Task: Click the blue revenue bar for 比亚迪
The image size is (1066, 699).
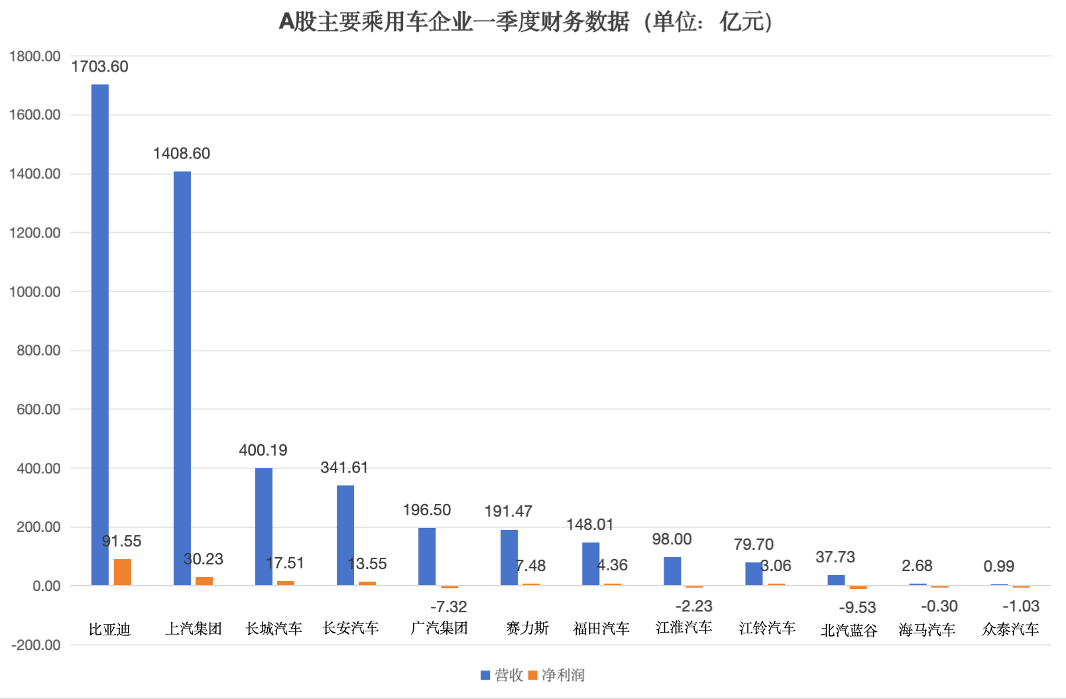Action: [x=100, y=335]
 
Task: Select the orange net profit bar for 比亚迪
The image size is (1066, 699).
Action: [x=123, y=572]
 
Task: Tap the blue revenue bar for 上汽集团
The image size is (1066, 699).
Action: [x=182, y=378]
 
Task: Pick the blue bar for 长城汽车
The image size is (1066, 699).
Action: [x=264, y=527]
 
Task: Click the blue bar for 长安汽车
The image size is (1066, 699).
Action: [x=345, y=535]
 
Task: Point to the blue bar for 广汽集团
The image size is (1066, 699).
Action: [x=427, y=556]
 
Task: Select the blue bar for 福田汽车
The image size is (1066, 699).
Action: [x=591, y=564]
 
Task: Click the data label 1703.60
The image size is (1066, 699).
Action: [x=99, y=66]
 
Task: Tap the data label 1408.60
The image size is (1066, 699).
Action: [x=182, y=153]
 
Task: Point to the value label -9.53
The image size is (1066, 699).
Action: [x=857, y=607]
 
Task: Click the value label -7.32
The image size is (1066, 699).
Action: [x=449, y=607]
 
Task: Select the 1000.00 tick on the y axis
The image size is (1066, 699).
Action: [x=34, y=292]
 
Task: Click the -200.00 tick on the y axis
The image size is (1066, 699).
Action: [x=36, y=645]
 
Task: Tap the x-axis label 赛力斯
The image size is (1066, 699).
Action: [x=528, y=628]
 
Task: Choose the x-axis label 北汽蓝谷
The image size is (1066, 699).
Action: [x=849, y=630]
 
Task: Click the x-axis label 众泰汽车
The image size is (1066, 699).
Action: [x=1010, y=629]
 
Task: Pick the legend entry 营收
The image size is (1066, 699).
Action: [x=502, y=675]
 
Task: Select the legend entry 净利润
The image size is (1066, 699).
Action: [x=557, y=675]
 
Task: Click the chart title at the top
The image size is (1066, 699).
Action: [x=526, y=22]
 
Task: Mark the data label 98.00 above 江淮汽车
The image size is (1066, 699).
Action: [x=672, y=539]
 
